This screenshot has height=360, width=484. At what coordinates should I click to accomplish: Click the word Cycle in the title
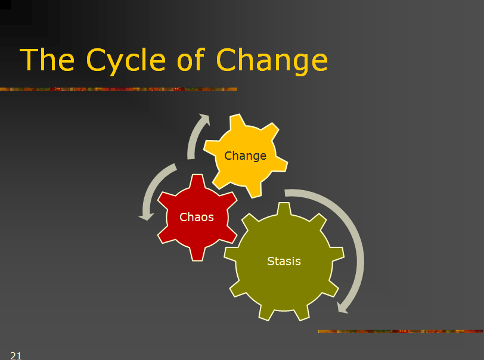pos(126,61)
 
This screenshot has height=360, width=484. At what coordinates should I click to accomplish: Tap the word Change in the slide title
pos(272,61)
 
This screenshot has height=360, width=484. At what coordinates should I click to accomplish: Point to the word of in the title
pos(191,59)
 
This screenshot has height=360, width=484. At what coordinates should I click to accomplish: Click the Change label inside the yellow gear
pos(245,156)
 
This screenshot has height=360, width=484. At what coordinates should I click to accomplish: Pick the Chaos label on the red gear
pos(197,217)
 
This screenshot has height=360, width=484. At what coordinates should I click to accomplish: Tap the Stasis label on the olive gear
pos(284,261)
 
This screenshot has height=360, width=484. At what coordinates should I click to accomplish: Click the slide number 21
pos(15,356)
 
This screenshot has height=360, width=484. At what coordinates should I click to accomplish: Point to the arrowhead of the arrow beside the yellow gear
pos(205,119)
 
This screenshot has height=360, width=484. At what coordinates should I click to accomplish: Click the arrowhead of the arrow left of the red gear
pos(146,216)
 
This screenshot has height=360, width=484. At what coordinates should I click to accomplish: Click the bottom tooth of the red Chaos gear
pos(197,254)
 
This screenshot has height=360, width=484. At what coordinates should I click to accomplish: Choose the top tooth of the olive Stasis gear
pos(284,209)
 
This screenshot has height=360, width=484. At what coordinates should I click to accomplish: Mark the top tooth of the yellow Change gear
pos(238,121)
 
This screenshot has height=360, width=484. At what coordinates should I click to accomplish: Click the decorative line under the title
pos(119,89)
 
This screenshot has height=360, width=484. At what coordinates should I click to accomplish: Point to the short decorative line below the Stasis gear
pos(401,331)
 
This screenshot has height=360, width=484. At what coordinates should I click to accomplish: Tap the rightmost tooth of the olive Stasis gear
pos(337,254)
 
